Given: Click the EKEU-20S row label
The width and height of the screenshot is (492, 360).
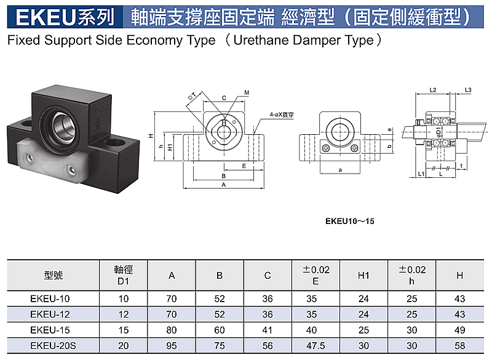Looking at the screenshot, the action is click(x=53, y=346).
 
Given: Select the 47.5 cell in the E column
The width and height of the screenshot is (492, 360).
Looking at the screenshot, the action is click(x=315, y=346).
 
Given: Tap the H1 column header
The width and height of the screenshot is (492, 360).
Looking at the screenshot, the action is click(x=363, y=275).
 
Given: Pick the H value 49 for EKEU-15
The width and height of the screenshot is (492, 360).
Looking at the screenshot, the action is click(x=459, y=330).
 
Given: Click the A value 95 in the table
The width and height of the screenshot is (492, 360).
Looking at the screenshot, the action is click(x=172, y=346).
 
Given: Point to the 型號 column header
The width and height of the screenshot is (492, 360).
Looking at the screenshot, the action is click(x=54, y=275).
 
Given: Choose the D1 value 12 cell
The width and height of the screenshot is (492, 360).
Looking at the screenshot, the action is click(x=124, y=314).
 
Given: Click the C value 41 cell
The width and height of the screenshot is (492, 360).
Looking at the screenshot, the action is click(x=268, y=330).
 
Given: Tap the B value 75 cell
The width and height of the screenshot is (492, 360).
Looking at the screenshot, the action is click(x=220, y=346).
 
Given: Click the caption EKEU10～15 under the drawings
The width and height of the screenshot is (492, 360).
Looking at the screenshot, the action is click(x=349, y=222).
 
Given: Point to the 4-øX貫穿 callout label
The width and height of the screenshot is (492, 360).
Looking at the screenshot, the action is click(x=282, y=115).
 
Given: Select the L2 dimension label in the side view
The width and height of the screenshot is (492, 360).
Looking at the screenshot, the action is click(x=433, y=90).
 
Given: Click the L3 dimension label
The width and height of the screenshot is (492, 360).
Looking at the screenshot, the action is click(x=468, y=90).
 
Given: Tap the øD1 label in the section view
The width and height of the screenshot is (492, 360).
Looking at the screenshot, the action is click(x=438, y=132).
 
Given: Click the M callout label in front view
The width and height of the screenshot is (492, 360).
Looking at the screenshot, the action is click(x=247, y=92).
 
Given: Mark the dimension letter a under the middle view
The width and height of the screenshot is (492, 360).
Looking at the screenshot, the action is click(x=340, y=170).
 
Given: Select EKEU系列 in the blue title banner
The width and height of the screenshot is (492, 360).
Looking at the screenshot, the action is click(x=65, y=17).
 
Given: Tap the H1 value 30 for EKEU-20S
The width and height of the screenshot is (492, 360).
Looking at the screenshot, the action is click(x=363, y=346).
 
